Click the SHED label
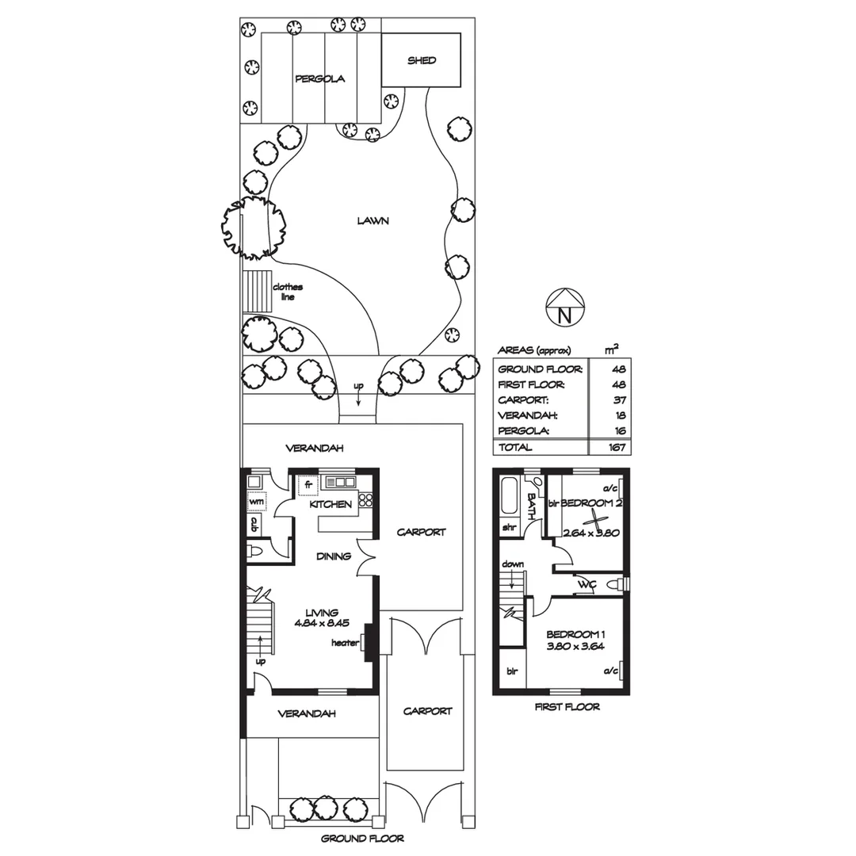(422, 60)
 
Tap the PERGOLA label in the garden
(319, 79)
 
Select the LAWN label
(373, 221)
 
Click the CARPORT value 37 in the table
(619, 399)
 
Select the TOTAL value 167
(616, 448)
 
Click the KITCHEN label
(331, 505)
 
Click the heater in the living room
(366, 643)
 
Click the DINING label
(333, 556)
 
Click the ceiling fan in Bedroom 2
(594, 520)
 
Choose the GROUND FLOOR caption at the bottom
(362, 838)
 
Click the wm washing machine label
(256, 502)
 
